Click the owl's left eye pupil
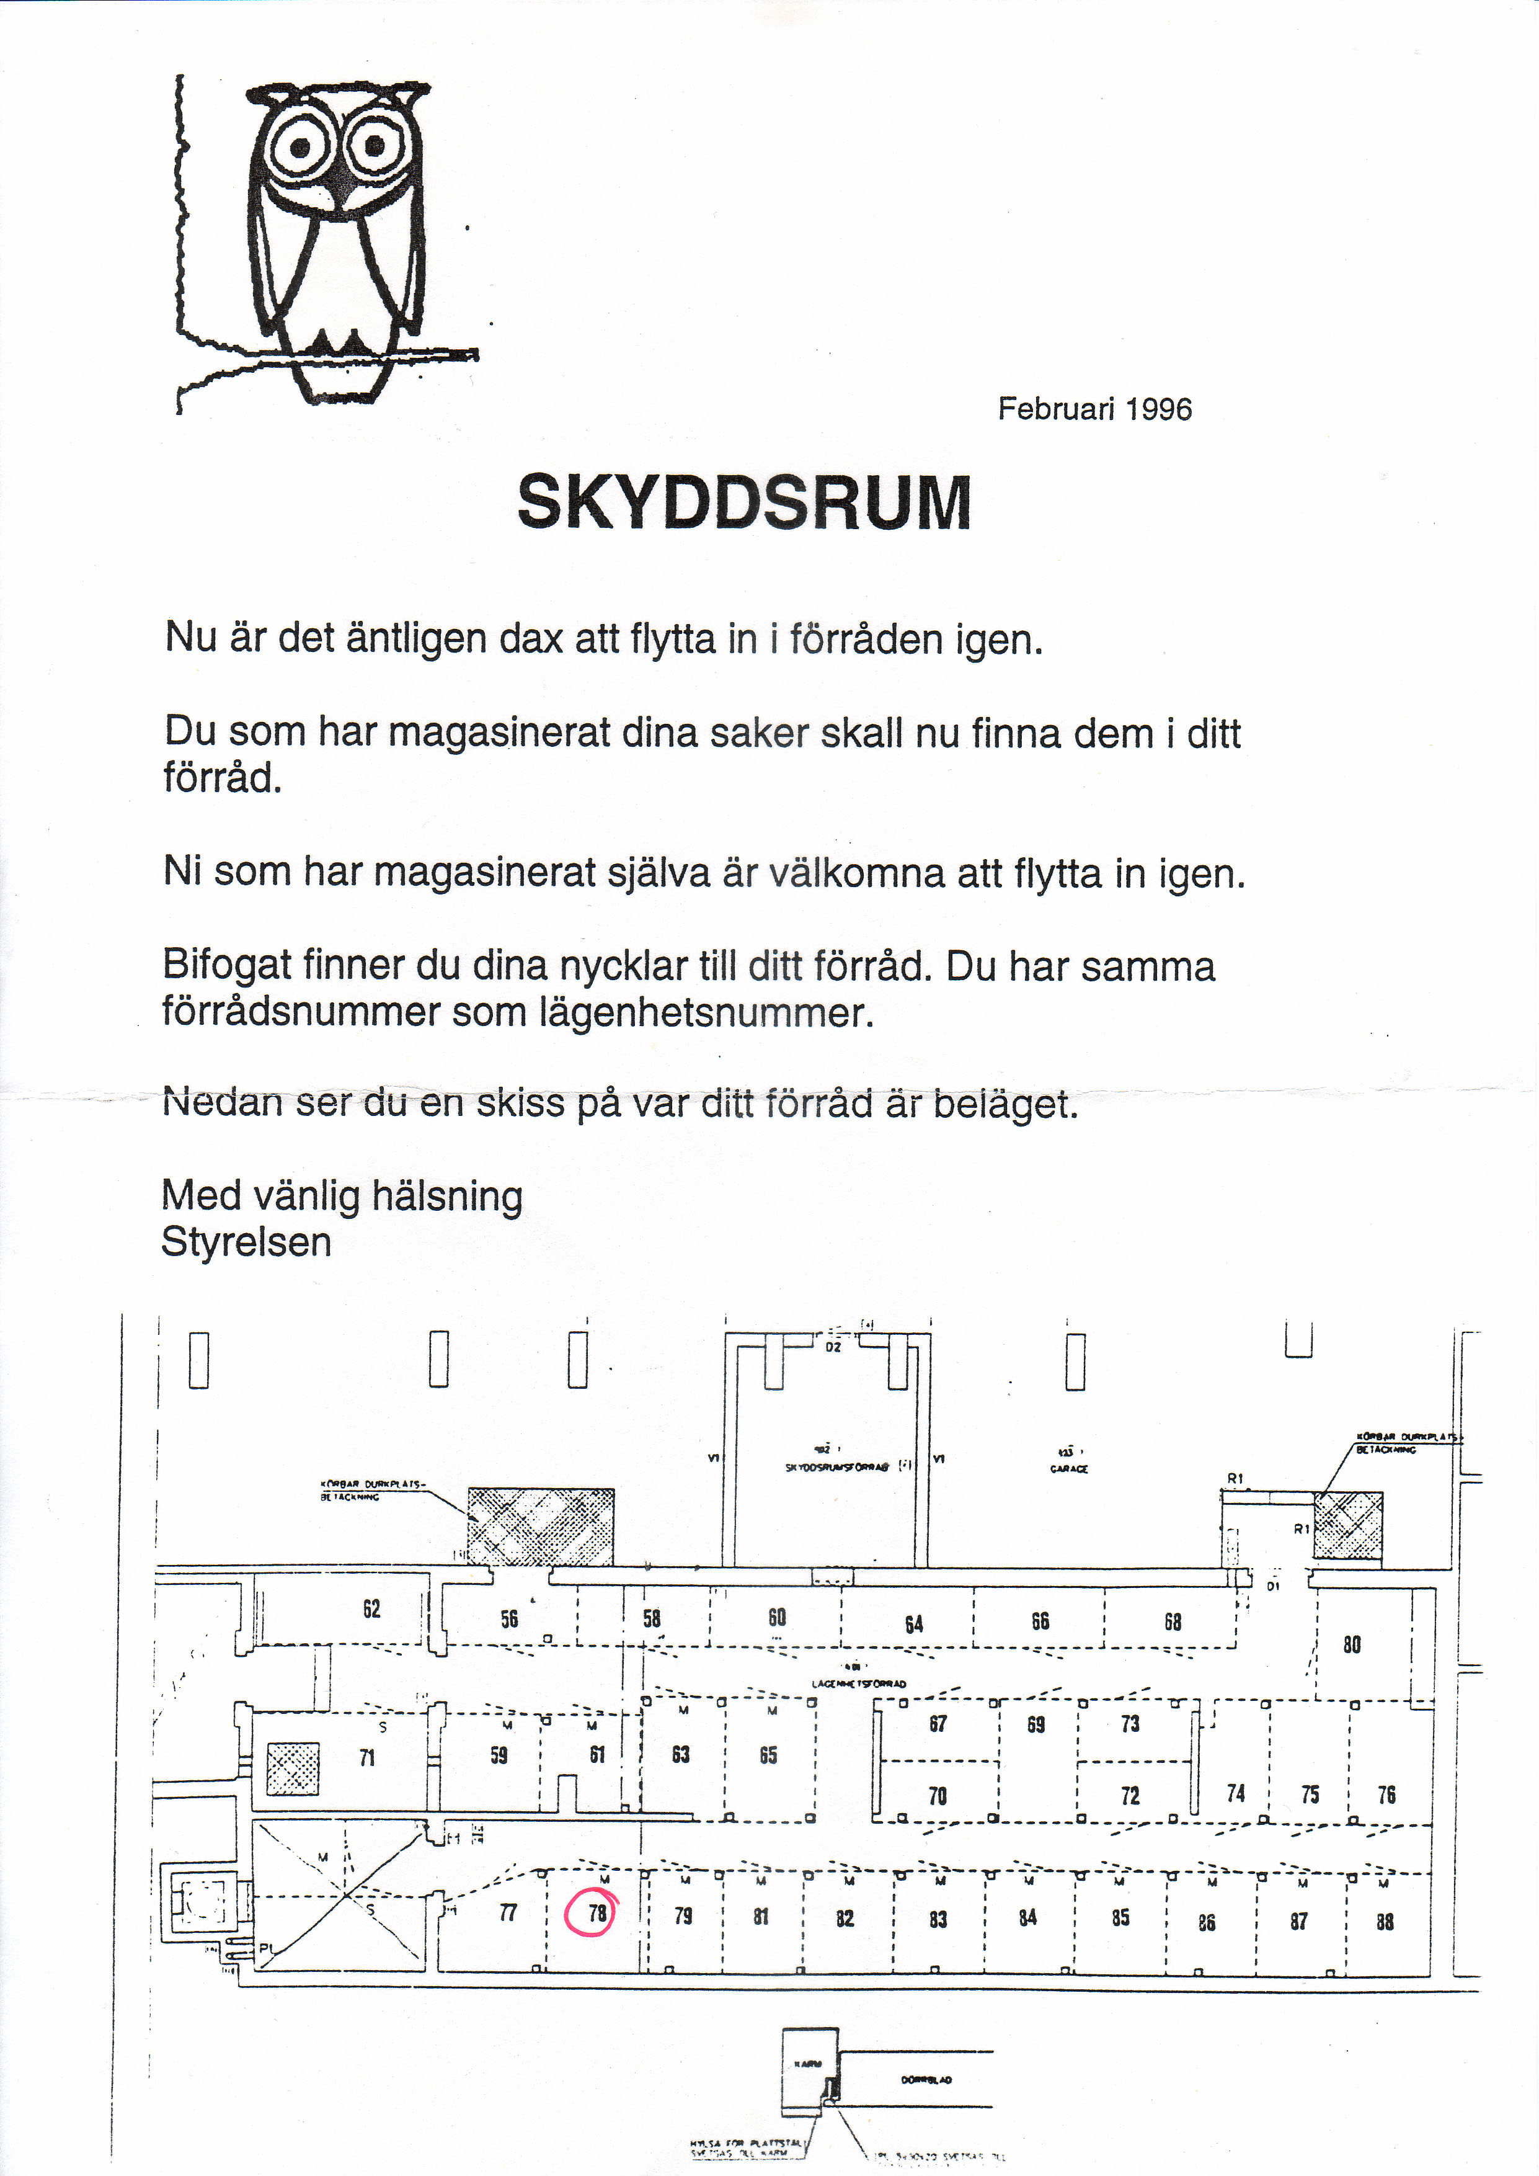tap(299, 148)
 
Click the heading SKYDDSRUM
tap(745, 502)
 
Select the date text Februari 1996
tap(1094, 409)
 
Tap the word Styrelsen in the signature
tap(246, 1242)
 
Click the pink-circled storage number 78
tap(597, 1912)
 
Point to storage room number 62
tap(371, 1608)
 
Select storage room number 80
tap(1351, 1644)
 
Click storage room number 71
tap(366, 1758)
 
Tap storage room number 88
tap(1385, 1921)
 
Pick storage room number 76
tap(1386, 1794)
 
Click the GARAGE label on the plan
tap(1069, 1469)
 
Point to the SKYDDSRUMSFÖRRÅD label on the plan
tap(837, 1467)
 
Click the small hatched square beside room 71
tap(293, 1768)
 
